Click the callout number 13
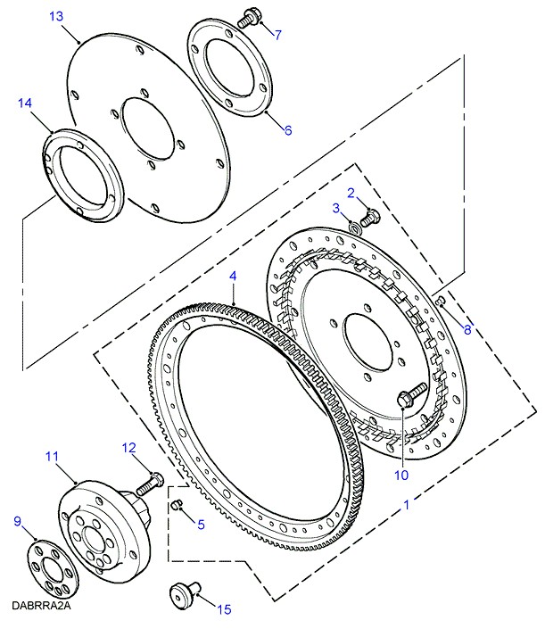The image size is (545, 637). (56, 17)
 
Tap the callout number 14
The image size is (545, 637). (25, 103)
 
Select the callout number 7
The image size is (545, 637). (277, 35)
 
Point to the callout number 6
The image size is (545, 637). (288, 130)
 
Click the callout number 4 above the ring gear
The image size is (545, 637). (233, 277)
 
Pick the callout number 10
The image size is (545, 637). (401, 475)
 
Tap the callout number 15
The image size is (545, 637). (224, 609)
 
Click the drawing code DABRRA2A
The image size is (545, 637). (41, 605)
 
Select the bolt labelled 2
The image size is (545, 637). (370, 218)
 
